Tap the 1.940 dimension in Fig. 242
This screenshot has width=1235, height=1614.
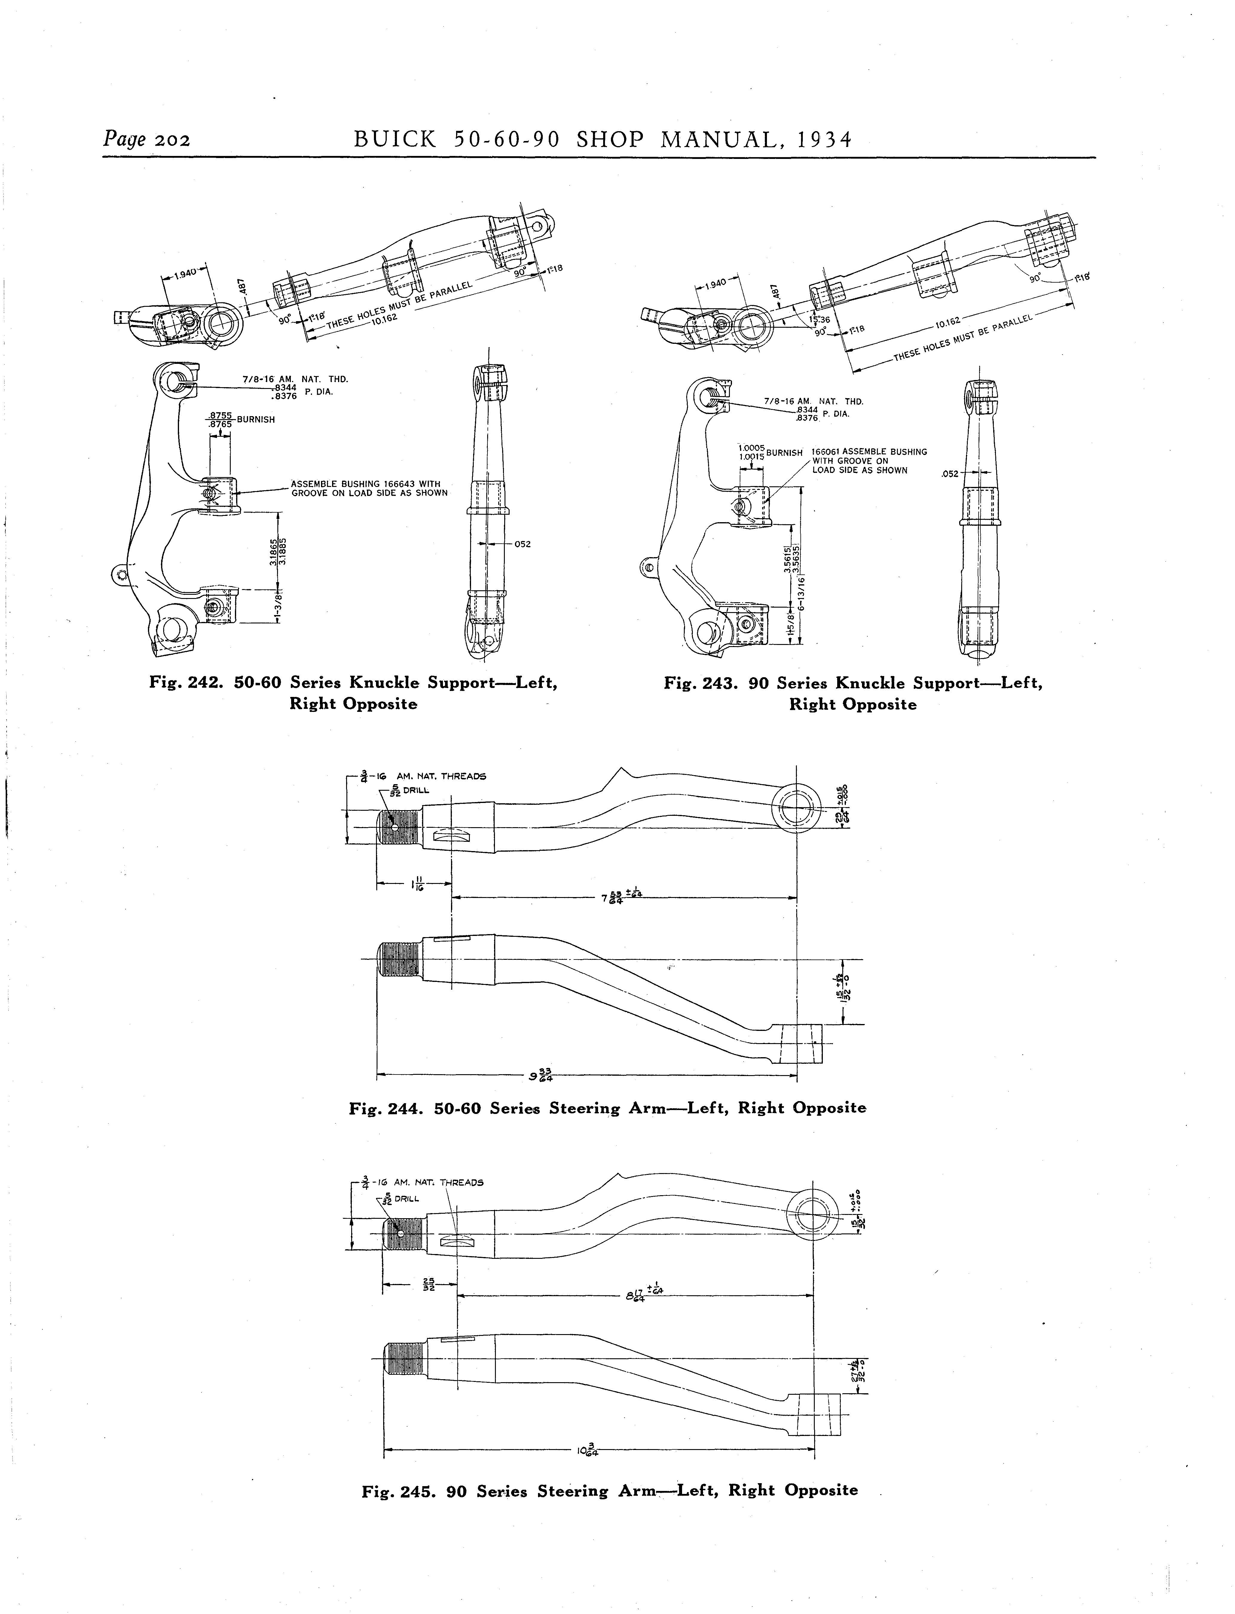pyautogui.click(x=186, y=273)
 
